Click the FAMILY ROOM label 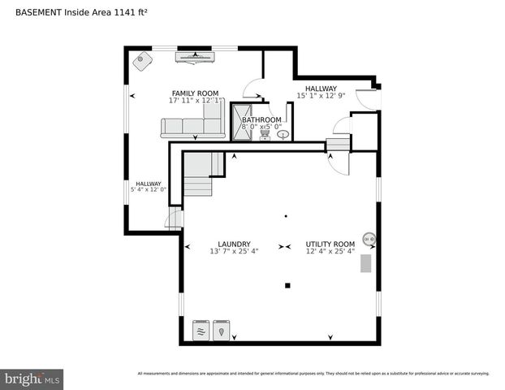pyautogui.click(x=195, y=93)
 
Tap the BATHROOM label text pyautogui.click(x=261, y=119)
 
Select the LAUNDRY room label pyautogui.click(x=234, y=244)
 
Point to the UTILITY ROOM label pyautogui.click(x=330, y=244)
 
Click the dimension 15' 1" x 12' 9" pyautogui.click(x=322, y=96)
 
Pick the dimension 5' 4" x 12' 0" pyautogui.click(x=148, y=190)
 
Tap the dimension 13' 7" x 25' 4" pyautogui.click(x=234, y=252)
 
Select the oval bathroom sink pyautogui.click(x=283, y=135)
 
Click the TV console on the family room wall pyautogui.click(x=194, y=57)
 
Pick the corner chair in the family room pyautogui.click(x=143, y=60)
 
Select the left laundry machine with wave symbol pyautogui.click(x=201, y=330)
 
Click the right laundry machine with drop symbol pyautogui.click(x=221, y=330)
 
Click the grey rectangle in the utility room pyautogui.click(x=366, y=262)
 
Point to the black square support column pyautogui.click(x=287, y=285)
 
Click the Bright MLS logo pyautogui.click(x=32, y=379)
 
